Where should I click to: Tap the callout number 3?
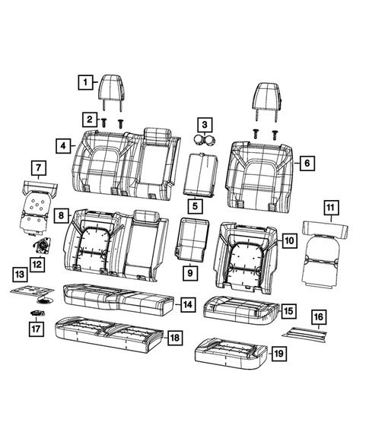tap(202, 124)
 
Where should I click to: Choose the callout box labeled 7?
tap(36, 167)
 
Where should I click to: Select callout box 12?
tap(37, 263)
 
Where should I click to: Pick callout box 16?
tap(319, 316)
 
